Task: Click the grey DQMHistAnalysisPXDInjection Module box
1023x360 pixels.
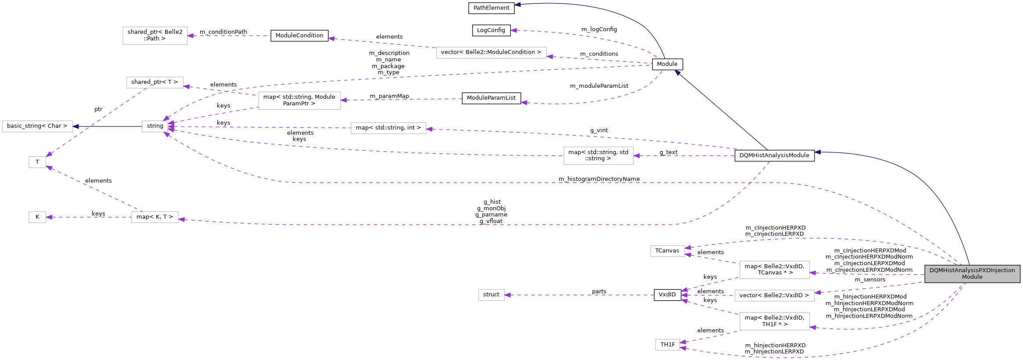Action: click(x=972, y=274)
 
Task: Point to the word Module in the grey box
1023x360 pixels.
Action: click(x=972, y=277)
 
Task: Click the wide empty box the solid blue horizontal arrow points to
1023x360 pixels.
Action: click(x=37, y=126)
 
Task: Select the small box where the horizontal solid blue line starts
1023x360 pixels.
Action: click(x=155, y=126)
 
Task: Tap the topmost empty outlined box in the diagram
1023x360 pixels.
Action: click(x=155, y=36)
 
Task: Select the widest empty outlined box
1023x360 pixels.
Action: click(x=491, y=53)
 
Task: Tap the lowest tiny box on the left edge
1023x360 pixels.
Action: click(x=37, y=217)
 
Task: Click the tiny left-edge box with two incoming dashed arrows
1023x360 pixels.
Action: click(x=37, y=162)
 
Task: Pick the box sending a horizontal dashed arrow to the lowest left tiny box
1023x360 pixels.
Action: click(x=155, y=217)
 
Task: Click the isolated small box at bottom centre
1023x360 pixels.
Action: click(x=491, y=295)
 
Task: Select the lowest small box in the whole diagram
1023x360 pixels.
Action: click(x=668, y=345)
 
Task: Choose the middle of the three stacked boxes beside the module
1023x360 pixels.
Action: click(x=774, y=295)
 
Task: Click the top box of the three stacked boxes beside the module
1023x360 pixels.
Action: click(x=774, y=270)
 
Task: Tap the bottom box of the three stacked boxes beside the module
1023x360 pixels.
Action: click(x=774, y=321)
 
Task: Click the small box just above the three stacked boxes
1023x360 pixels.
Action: click(x=668, y=251)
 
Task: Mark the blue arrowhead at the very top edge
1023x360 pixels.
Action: click(x=517, y=4)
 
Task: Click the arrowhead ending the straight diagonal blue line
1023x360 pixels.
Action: click(x=677, y=72)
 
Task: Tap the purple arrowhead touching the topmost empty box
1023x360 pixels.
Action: click(x=190, y=36)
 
